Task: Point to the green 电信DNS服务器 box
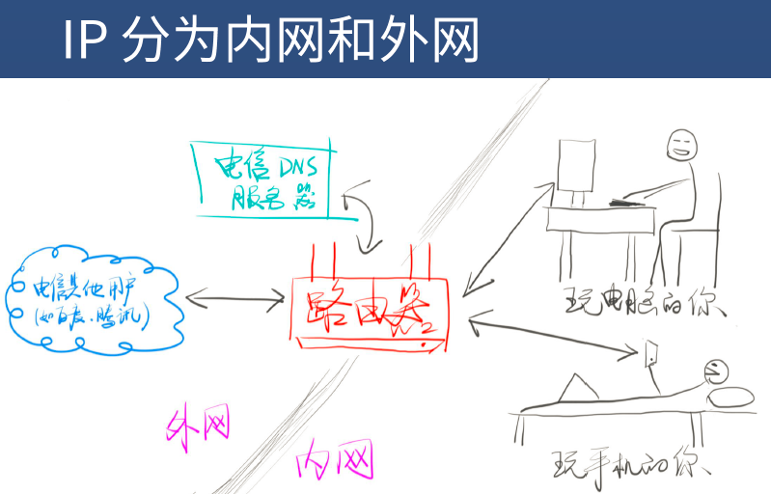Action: [x=261, y=178]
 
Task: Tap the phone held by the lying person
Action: [x=653, y=354]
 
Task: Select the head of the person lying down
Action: [x=715, y=371]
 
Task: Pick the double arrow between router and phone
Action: [x=550, y=337]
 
